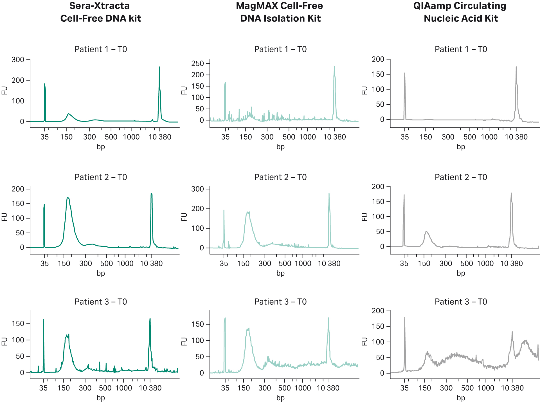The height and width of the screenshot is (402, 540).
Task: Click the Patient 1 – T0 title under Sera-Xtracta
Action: point(101,49)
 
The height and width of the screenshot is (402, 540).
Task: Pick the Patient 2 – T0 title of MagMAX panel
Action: point(280,177)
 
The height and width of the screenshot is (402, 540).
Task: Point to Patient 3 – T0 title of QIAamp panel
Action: point(461,302)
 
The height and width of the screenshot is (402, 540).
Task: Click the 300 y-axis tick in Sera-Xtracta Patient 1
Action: point(18,60)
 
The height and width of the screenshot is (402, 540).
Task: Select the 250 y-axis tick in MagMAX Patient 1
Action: point(197,64)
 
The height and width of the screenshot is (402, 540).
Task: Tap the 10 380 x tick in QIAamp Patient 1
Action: point(516,137)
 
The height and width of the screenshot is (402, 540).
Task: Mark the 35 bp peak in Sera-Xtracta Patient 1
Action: point(44,84)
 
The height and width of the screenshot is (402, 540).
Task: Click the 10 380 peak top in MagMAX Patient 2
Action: point(329,194)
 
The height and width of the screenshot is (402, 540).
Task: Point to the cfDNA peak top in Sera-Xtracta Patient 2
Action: point(68,198)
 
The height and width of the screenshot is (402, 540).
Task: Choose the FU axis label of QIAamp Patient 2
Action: point(365,217)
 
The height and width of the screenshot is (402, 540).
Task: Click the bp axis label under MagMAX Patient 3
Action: point(280,398)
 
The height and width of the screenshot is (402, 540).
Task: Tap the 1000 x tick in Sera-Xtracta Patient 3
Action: point(124,388)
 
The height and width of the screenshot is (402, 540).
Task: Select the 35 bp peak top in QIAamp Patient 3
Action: point(404,318)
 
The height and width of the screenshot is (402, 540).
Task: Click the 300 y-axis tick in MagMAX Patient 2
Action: point(197,189)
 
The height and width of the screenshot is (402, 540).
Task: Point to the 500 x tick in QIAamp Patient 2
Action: point(467,264)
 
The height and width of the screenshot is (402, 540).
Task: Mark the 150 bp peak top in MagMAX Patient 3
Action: point(248,329)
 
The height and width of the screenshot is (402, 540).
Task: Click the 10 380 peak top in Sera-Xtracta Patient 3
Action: point(150,319)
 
